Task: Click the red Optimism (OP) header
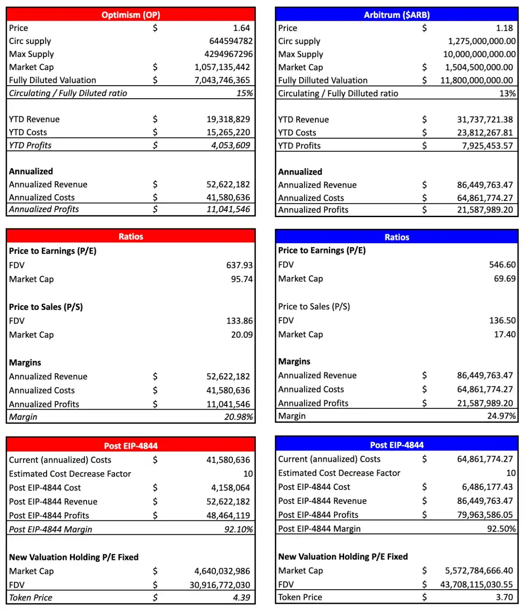point(131,15)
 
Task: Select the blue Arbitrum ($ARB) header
point(397,15)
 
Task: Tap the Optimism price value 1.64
point(241,28)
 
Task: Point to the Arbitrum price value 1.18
point(504,28)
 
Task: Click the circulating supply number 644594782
point(231,41)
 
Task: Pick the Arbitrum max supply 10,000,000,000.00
point(479,54)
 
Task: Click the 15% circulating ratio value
point(245,93)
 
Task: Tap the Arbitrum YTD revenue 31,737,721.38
point(485,119)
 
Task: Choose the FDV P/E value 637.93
point(239,265)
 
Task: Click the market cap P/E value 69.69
point(505,279)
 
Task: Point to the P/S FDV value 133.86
point(239,321)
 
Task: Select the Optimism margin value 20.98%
point(238,417)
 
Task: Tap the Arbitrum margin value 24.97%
point(501,416)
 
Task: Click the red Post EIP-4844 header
point(131,446)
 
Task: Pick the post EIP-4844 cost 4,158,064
point(231,488)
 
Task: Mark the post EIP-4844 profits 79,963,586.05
point(485,515)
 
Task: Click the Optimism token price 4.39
point(241,598)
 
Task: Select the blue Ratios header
point(397,237)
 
